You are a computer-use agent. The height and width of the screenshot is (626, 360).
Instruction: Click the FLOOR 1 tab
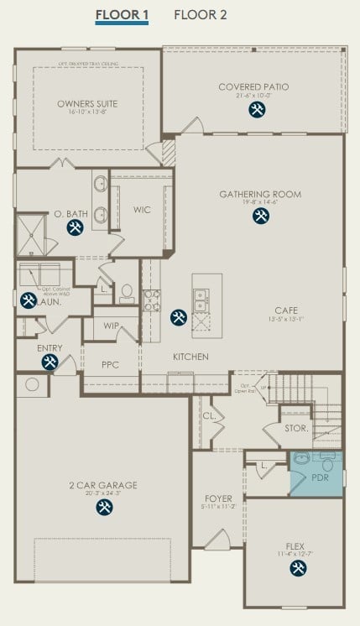[x=122, y=15]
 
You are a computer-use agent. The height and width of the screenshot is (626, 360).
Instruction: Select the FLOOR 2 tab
[x=200, y=15]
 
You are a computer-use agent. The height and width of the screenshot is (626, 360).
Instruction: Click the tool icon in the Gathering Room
[x=260, y=216]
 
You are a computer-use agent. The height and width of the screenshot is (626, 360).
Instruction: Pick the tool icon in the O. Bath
[x=75, y=227]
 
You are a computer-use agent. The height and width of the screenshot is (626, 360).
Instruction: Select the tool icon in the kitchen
[x=178, y=317]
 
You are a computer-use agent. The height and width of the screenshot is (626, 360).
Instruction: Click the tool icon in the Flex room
[x=298, y=569]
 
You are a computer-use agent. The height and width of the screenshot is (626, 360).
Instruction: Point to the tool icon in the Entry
[x=50, y=362]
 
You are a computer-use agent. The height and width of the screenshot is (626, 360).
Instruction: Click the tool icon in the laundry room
[x=28, y=300]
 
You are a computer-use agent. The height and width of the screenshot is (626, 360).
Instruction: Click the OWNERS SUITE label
[x=87, y=104]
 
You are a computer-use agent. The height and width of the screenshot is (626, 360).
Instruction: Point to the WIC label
[x=142, y=210]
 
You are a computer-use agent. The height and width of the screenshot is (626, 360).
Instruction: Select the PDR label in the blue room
[x=320, y=477]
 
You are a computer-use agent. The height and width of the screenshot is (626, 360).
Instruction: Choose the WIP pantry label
[x=111, y=326]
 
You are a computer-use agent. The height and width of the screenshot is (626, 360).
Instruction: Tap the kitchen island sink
[x=201, y=295]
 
